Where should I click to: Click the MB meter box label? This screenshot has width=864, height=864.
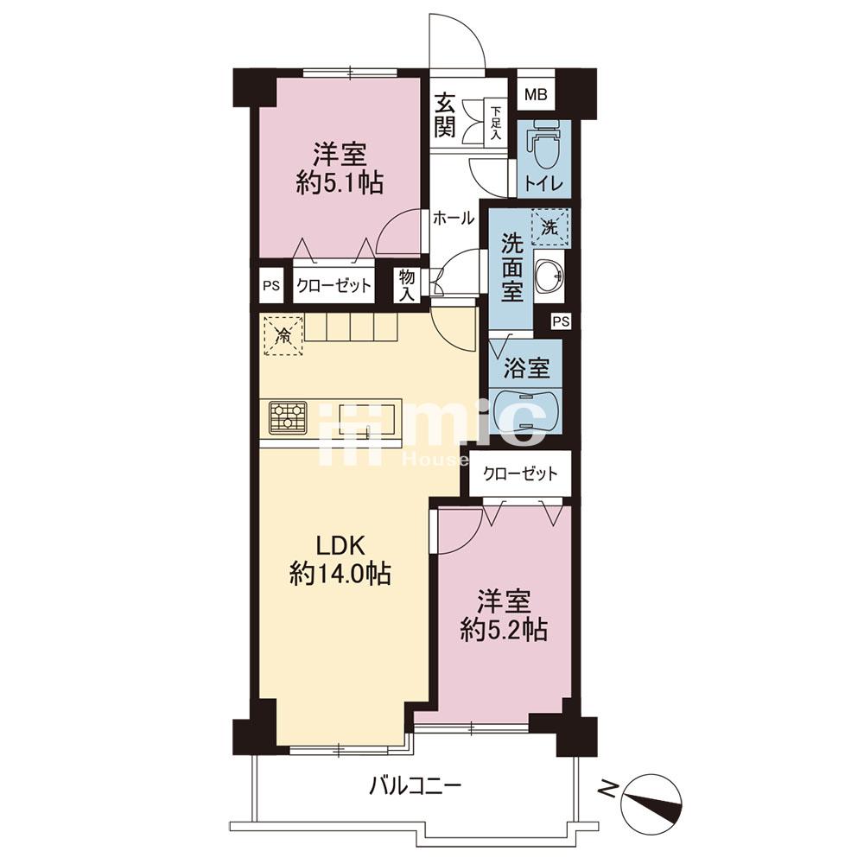click(x=536, y=94)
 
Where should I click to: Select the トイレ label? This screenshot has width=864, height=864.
click(x=543, y=183)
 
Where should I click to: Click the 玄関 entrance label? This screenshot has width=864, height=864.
click(x=444, y=117)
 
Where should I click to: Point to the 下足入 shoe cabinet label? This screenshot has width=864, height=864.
click(x=496, y=123)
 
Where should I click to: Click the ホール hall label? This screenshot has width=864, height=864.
click(x=453, y=219)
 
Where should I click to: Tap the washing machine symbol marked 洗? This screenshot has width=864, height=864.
click(x=550, y=226)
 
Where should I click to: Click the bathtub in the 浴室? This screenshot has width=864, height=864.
click(x=526, y=411)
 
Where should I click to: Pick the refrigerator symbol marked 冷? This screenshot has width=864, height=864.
click(x=283, y=334)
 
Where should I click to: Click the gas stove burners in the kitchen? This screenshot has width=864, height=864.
click(x=288, y=417)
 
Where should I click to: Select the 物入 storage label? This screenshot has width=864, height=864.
click(x=407, y=285)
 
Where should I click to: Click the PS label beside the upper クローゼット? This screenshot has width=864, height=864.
click(x=271, y=286)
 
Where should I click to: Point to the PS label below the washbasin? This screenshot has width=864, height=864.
click(x=561, y=321)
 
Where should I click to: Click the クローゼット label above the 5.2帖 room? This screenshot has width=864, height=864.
click(x=520, y=473)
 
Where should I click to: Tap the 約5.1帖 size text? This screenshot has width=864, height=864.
click(x=340, y=183)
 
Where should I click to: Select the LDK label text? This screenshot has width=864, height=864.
click(x=340, y=546)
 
